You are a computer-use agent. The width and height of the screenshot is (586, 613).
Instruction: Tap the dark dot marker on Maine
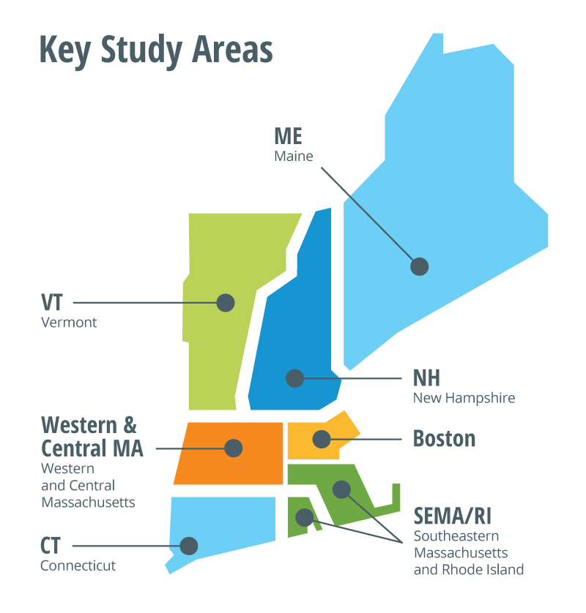tap(419, 266)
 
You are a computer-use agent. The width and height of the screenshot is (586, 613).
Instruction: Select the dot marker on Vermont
tap(225, 302)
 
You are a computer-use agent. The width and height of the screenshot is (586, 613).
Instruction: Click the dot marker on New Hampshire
tap(294, 378)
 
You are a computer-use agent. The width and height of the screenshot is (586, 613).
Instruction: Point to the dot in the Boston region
tap(321, 439)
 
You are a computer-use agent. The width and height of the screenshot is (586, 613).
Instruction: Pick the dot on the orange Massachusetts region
tap(234, 448)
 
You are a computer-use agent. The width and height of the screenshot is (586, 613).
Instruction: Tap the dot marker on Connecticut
tap(189, 546)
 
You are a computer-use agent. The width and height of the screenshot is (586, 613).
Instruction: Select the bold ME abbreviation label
tap(288, 136)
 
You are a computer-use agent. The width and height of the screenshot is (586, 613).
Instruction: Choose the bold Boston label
tap(444, 439)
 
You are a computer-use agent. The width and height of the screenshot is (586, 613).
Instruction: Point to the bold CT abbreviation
tap(51, 546)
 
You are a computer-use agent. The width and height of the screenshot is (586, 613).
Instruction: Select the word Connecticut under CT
tap(78, 565)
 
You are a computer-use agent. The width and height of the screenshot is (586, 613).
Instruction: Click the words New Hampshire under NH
tap(464, 399)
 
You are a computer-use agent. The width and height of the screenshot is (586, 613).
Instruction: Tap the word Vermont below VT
tap(69, 323)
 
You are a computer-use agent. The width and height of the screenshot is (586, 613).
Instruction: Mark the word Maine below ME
tap(294, 156)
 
